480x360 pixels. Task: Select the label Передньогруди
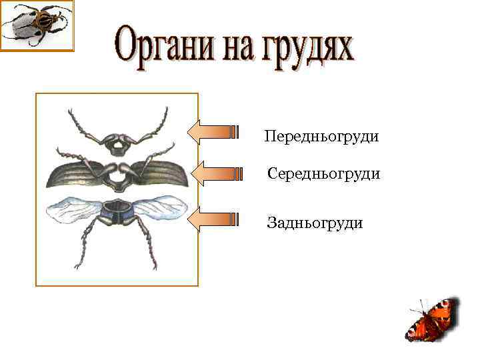[321, 137]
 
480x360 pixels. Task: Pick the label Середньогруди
[323, 174]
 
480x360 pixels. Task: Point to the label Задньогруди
[315, 223]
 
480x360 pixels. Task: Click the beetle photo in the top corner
[37, 25]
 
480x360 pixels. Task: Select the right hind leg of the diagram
[146, 243]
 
